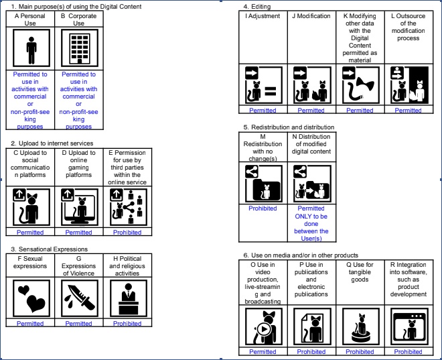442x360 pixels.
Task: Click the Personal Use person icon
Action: [x=31, y=49]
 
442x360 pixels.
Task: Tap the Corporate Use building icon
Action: [x=78, y=49]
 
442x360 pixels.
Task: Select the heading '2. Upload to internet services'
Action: [x=52, y=143]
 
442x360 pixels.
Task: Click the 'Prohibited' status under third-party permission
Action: [x=127, y=233]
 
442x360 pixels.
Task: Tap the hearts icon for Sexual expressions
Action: [x=31, y=298]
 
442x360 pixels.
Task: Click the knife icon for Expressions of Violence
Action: [x=78, y=298]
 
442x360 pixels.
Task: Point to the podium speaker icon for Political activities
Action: [x=127, y=298]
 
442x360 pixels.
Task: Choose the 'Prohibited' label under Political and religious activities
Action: [x=127, y=324]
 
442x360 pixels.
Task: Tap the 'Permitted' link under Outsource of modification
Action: [x=408, y=111]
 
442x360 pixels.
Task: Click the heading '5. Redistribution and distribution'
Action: [x=289, y=127]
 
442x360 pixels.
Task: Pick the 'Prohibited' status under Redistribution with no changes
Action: [x=263, y=208]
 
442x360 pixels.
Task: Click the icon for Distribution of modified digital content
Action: [x=311, y=183]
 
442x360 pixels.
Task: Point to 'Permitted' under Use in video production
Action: [x=263, y=352]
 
